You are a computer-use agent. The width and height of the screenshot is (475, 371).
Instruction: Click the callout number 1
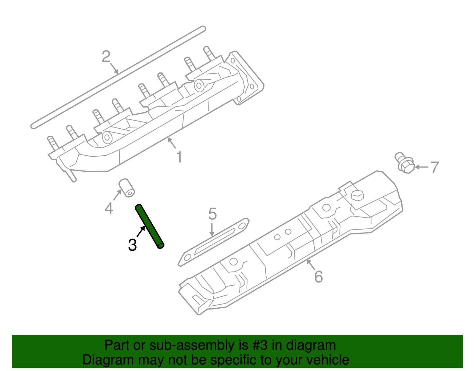[x=179, y=157]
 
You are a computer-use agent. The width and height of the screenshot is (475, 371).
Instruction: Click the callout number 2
[x=106, y=56]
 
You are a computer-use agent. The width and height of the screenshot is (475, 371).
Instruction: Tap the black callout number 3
[x=132, y=245]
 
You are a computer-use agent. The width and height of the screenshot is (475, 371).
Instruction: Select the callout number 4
[x=109, y=208]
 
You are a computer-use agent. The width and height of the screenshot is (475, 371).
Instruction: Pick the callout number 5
[x=212, y=214]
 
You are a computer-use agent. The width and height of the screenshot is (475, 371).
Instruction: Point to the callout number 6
[x=318, y=277]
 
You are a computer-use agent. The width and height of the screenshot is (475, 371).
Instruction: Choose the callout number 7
[x=434, y=168]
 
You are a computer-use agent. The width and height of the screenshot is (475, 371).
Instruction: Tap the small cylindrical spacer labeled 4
[x=127, y=188]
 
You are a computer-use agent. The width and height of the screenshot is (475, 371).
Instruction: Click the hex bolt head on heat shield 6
[x=357, y=195]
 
